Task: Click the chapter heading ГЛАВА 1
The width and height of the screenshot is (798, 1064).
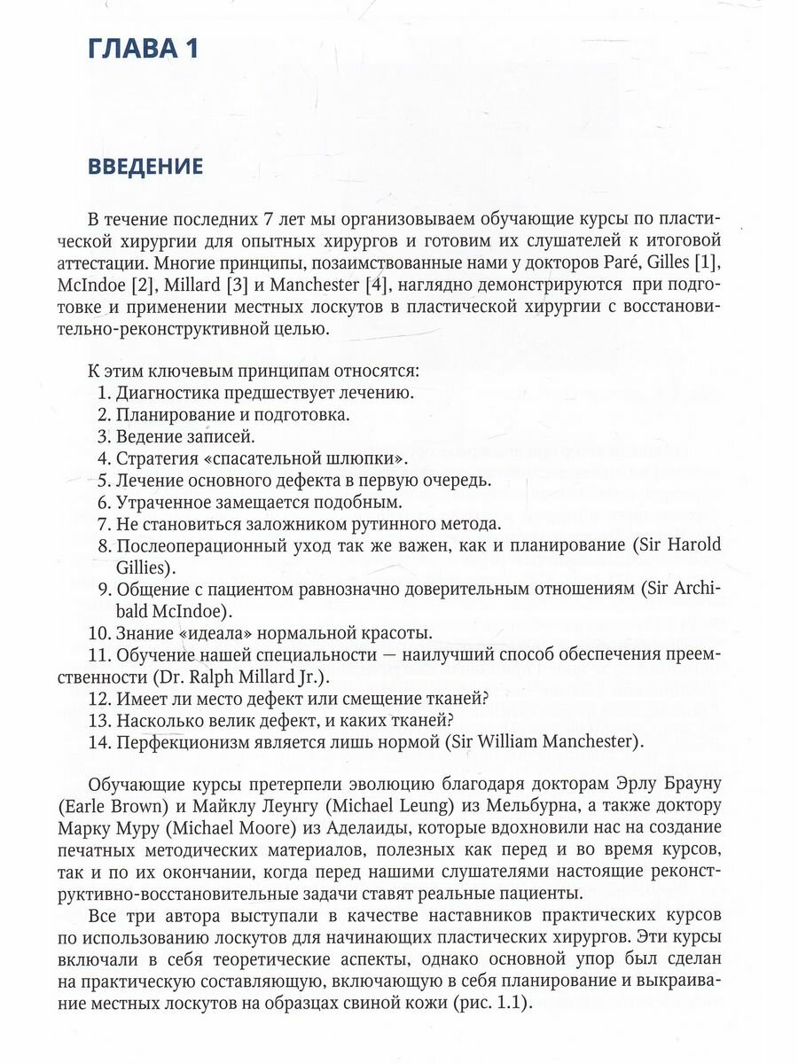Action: [x=142, y=50]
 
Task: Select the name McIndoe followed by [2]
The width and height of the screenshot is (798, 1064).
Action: [x=121, y=286]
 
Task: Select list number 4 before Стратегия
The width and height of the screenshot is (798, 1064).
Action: [x=102, y=458]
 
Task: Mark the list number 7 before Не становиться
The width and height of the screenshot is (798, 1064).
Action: [x=102, y=523]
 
